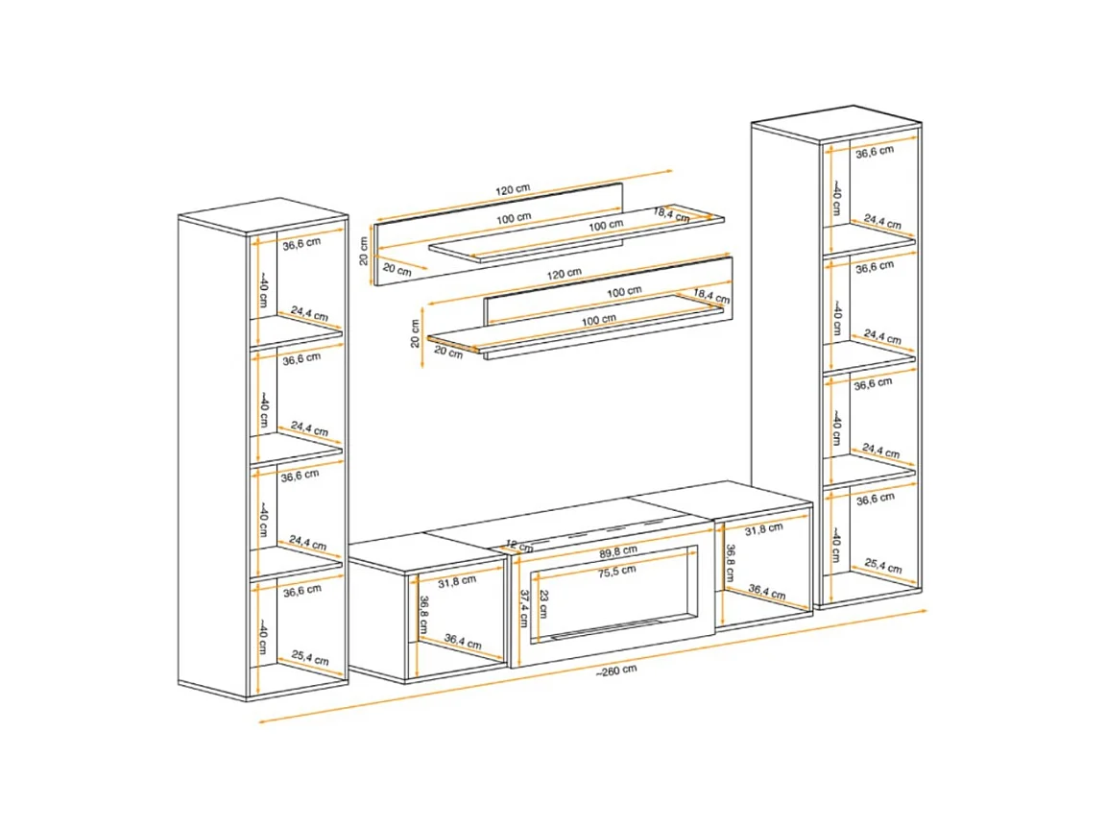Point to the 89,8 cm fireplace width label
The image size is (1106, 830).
[618, 550]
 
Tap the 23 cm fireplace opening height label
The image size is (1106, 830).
[543, 604]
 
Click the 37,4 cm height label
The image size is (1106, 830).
[524, 608]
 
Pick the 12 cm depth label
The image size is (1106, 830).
[519, 546]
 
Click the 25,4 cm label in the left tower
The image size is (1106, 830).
[310, 658]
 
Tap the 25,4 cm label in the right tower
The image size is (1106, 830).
[883, 565]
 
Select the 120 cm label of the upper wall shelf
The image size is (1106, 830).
[513, 189]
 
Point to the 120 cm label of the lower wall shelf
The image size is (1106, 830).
[565, 273]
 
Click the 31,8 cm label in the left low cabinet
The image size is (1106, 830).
[457, 581]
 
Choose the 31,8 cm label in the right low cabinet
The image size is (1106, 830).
[764, 528]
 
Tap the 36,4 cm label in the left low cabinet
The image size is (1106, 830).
[463, 642]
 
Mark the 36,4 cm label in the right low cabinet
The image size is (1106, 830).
[767, 591]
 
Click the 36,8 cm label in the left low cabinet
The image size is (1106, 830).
[424, 616]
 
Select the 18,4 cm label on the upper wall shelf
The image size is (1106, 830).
[671, 214]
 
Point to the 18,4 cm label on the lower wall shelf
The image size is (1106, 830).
[711, 296]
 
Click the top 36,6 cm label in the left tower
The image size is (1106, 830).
[301, 244]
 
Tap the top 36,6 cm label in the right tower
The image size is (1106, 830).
[875, 151]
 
